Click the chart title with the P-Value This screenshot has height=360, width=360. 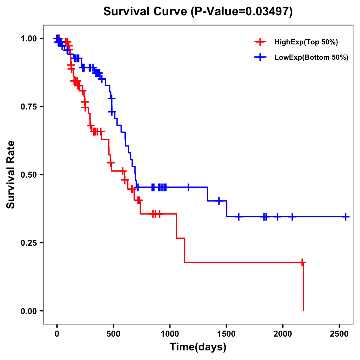(198, 12)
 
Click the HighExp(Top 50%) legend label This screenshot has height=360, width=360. (306, 42)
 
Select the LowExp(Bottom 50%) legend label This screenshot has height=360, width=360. (311, 58)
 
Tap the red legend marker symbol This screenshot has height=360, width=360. (260, 42)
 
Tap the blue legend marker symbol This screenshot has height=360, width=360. (260, 57)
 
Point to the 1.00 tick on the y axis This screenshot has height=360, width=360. (28, 39)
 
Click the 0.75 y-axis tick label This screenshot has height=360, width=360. (28, 107)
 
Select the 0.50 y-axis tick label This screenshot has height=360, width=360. (28, 175)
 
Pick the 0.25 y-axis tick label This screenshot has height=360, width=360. (28, 243)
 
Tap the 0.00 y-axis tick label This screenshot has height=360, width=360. (28, 311)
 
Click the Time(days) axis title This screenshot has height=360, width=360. (198, 347)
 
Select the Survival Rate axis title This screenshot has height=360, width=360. (11, 175)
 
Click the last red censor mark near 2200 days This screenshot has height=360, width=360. (302, 262)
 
